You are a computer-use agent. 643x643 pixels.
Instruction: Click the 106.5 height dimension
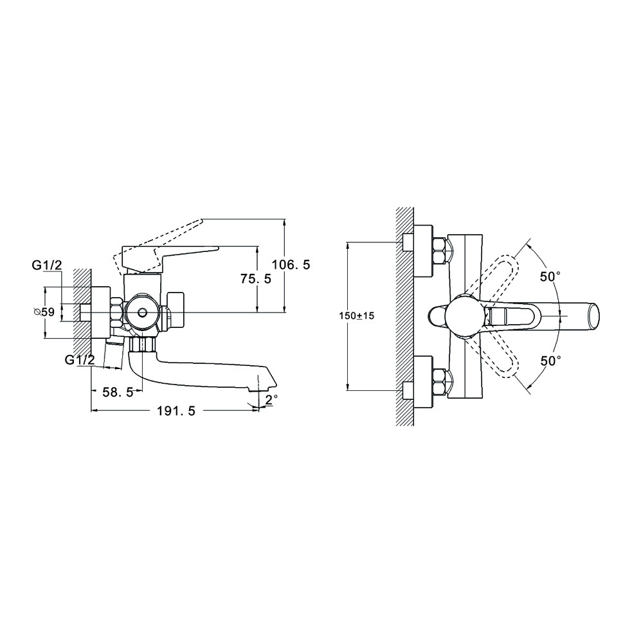pos(291,265)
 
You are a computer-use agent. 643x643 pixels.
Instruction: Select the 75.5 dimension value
pos(255,279)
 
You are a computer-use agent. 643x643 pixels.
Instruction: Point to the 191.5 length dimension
pos(176,410)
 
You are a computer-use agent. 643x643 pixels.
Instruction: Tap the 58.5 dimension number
pos(118,392)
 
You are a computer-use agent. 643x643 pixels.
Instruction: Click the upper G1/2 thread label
pos(47,266)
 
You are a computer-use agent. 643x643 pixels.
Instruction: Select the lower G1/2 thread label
pos(80,360)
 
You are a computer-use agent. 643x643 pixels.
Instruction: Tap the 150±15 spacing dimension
pos(357,316)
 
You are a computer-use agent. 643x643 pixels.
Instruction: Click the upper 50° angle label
pos(550,276)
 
